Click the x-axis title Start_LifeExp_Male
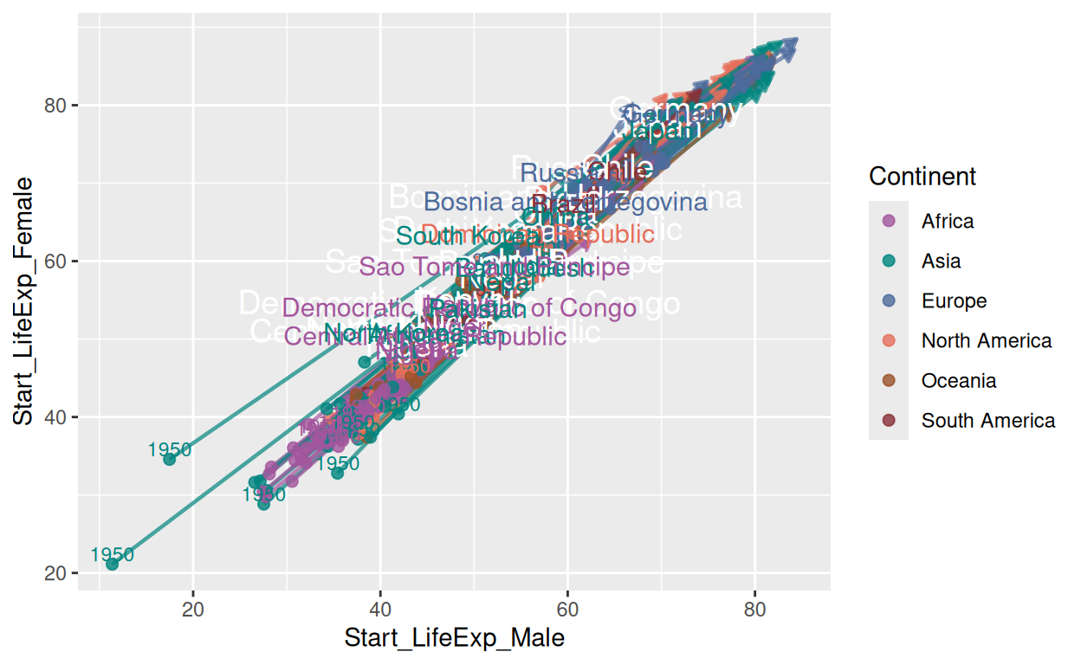[x=454, y=639]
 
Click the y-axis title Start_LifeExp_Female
[x=23, y=301]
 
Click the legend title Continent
[x=922, y=177]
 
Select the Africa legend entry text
[x=948, y=222]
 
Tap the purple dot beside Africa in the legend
[x=889, y=221]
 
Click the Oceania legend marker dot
[x=889, y=381]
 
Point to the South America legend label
[x=988, y=421]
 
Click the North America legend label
[x=987, y=341]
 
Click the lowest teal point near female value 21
[x=112, y=565]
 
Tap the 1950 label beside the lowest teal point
[x=112, y=555]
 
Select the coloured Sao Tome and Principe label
[x=494, y=268]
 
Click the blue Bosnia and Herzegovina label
[x=566, y=203]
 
